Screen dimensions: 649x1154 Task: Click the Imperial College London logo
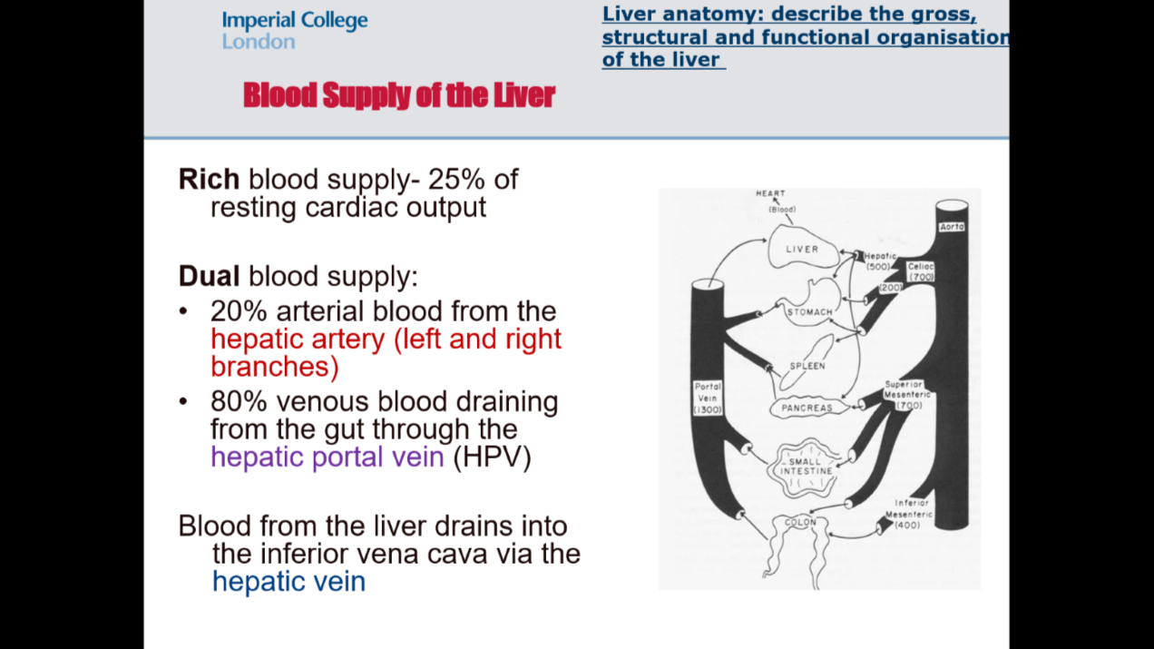click(x=294, y=30)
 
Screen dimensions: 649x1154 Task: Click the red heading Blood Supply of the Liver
click(x=399, y=95)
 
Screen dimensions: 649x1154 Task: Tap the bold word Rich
click(x=209, y=179)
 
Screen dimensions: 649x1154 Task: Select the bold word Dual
click(x=210, y=276)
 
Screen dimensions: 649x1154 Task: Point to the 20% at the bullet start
click(x=240, y=311)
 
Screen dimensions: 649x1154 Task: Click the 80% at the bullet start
click(x=240, y=401)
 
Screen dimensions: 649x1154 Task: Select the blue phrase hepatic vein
click(x=288, y=582)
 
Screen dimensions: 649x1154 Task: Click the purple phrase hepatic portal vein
click(x=328, y=457)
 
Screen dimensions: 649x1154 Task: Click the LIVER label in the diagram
click(x=801, y=249)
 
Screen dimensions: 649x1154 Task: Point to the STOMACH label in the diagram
click(x=809, y=312)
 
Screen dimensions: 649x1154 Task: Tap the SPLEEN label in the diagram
click(x=807, y=367)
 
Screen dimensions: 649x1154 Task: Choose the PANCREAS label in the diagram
click(x=807, y=408)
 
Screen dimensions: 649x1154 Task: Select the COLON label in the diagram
click(x=800, y=523)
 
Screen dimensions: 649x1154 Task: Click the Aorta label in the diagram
click(x=952, y=226)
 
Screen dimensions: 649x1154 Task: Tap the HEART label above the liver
click(x=770, y=193)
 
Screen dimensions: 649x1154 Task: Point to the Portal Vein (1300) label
click(x=708, y=398)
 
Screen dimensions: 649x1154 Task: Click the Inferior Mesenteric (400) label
click(x=912, y=514)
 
